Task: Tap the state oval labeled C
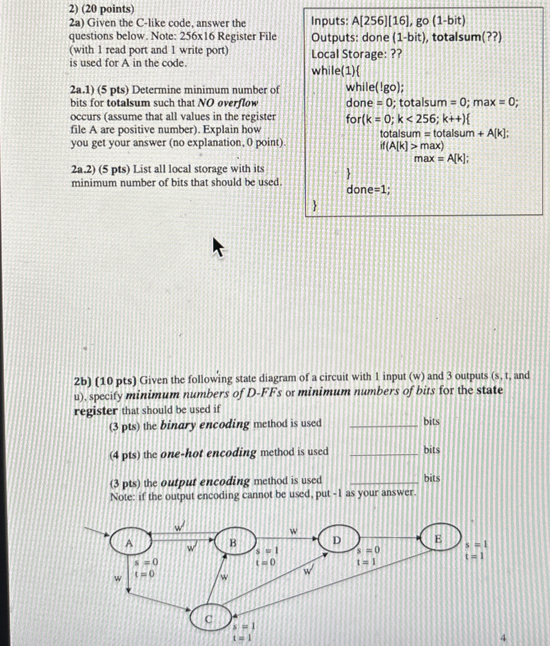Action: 210,618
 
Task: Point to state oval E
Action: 440,538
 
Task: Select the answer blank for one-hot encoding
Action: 384,454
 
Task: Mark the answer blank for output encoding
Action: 384,482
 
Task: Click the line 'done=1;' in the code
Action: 368,189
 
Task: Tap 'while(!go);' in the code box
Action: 375,87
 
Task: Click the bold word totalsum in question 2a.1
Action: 128,103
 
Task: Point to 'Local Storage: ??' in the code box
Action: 357,54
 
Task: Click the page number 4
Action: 504,637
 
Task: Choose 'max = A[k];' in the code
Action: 441,158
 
